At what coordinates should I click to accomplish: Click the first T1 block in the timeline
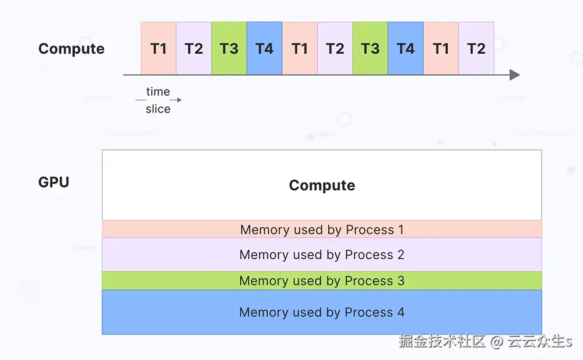tap(159, 48)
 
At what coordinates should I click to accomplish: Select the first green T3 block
tap(229, 48)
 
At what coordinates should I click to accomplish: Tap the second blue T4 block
tap(406, 48)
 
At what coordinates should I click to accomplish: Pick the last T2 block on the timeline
tap(476, 48)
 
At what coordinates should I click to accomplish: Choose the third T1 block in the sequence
tap(441, 48)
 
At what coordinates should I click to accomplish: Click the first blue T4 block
tap(264, 48)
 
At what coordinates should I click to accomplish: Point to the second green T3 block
tap(370, 48)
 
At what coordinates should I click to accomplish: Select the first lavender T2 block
tap(194, 48)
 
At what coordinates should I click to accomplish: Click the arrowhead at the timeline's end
tap(514, 75)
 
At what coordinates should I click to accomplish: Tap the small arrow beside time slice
tap(177, 100)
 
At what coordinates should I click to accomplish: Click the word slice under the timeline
tap(158, 109)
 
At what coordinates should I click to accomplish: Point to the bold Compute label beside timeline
tap(71, 49)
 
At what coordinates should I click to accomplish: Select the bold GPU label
tap(54, 182)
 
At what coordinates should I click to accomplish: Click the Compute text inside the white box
tap(322, 185)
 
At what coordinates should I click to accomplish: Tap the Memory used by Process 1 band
tap(322, 230)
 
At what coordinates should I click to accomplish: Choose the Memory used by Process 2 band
tap(322, 255)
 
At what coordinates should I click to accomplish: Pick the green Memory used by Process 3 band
tap(322, 281)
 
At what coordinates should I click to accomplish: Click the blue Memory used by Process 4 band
tap(322, 312)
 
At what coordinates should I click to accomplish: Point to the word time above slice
tap(158, 92)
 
